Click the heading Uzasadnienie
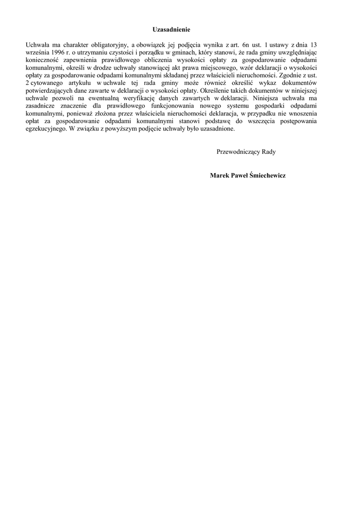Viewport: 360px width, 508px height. (x=171, y=30)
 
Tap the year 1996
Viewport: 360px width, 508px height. (x=57, y=52)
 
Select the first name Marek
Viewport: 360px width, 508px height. (x=219, y=176)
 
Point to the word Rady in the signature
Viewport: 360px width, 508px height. (x=269, y=152)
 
